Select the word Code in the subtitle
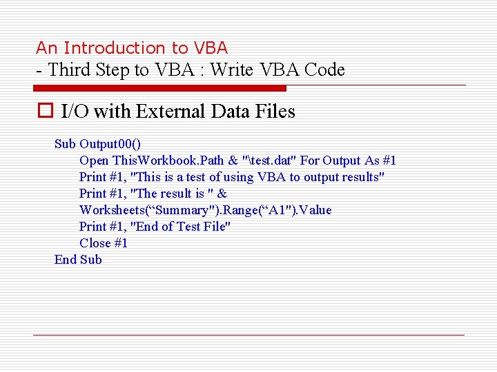[x=324, y=70]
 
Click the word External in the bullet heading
[x=170, y=111]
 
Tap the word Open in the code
[x=93, y=161]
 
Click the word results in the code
[x=360, y=177]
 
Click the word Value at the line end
[x=315, y=210]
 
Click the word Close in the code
[x=95, y=243]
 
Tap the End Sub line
[x=78, y=260]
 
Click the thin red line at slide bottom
[x=248, y=335]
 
